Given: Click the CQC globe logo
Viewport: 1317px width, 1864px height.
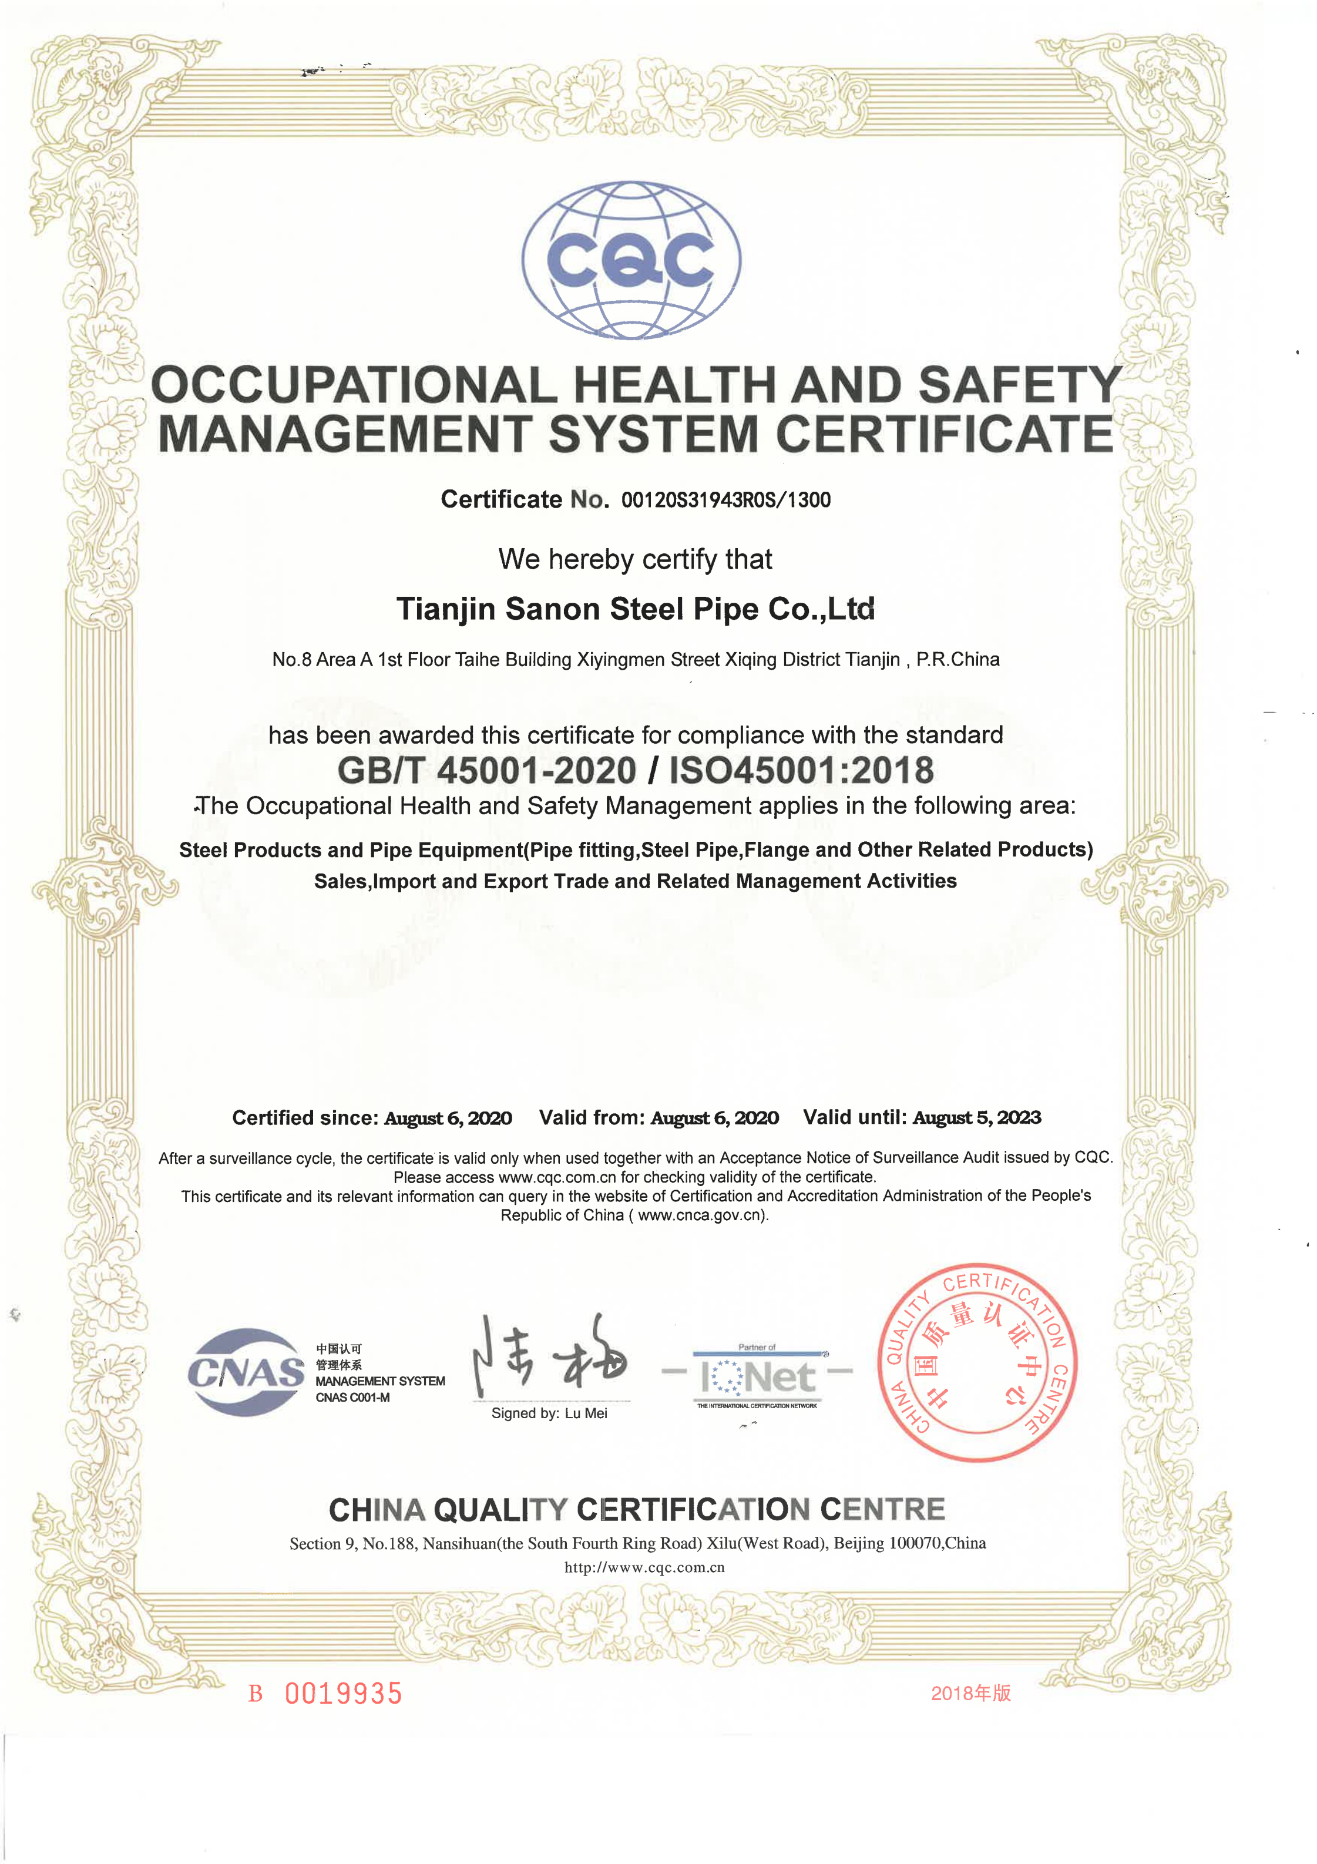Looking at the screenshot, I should [631, 259].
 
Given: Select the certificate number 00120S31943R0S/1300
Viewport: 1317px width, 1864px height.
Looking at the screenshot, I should [726, 500].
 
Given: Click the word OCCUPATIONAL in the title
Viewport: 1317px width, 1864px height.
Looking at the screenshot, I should [355, 385].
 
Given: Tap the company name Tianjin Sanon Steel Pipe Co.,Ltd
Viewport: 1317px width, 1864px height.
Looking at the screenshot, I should [635, 609].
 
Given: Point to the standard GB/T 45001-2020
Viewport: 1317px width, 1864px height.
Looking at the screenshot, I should [486, 770].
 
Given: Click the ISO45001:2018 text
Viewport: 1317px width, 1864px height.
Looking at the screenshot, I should [801, 770].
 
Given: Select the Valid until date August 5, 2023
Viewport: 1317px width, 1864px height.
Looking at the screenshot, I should [977, 1118].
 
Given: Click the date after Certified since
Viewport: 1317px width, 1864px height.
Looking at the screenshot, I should [448, 1119].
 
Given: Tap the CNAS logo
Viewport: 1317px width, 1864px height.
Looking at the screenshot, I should [245, 1372].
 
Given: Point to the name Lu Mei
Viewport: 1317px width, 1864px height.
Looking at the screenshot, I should [586, 1413].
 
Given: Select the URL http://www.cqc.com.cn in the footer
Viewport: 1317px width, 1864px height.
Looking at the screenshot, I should [644, 1568].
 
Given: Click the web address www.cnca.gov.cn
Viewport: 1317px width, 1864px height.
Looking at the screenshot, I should [701, 1215].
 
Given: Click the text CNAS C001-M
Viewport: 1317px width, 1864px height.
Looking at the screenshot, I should [352, 1397].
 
